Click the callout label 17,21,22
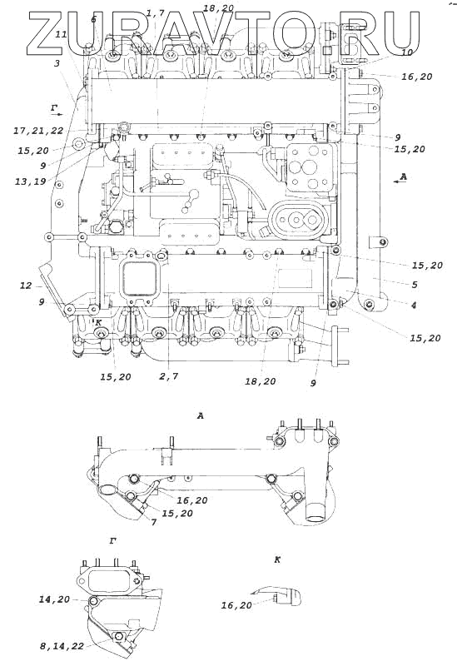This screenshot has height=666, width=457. (x=38, y=132)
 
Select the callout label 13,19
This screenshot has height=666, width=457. (x=30, y=181)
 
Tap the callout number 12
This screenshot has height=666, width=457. (x=26, y=286)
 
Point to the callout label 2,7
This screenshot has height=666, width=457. (x=169, y=376)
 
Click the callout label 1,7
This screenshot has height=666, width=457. (x=155, y=13)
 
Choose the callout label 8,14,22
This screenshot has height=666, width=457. (x=61, y=646)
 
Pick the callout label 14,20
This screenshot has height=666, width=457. (x=54, y=599)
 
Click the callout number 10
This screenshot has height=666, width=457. (x=406, y=52)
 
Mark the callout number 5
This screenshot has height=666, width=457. (x=415, y=285)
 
